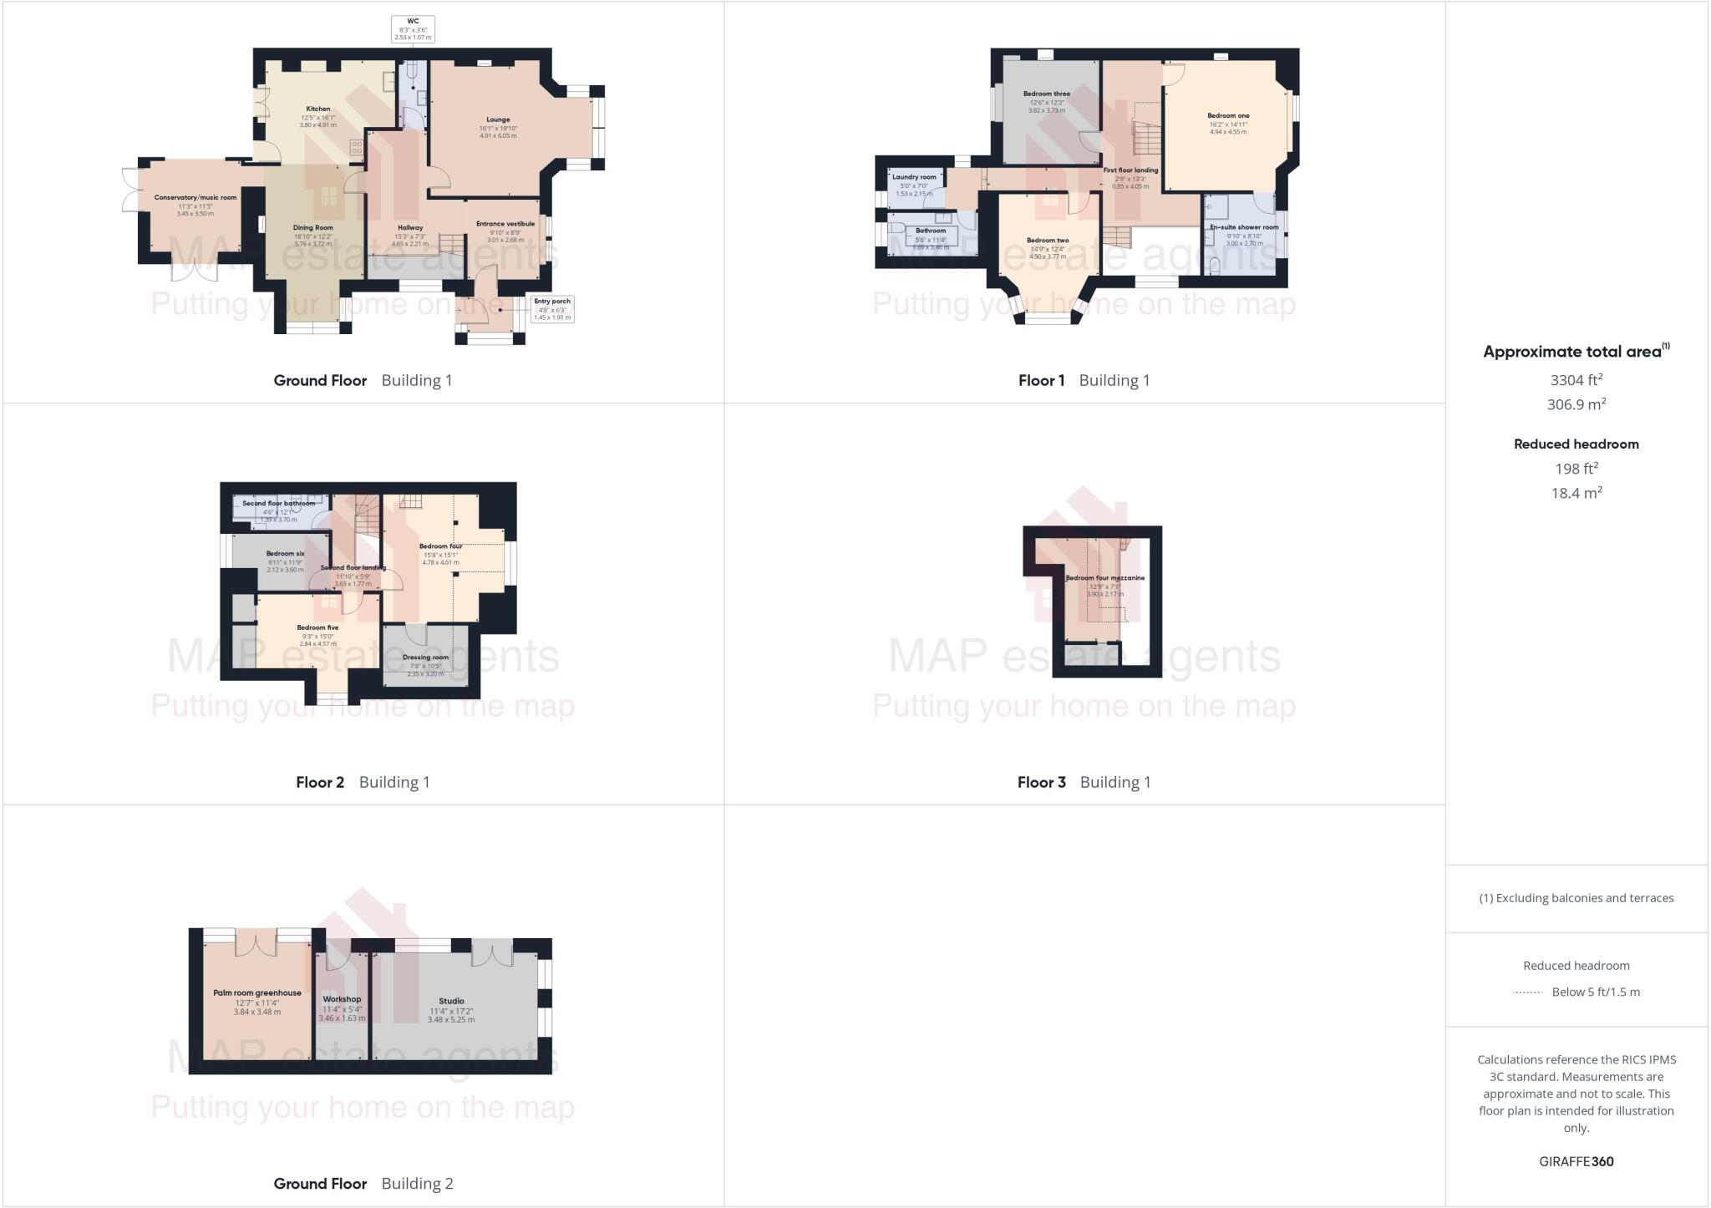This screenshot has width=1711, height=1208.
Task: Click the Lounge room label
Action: (x=498, y=119)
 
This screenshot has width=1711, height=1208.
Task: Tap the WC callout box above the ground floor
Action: (x=413, y=29)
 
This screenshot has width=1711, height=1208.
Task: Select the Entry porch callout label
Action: (x=552, y=308)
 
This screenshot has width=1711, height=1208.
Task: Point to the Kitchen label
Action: (x=317, y=109)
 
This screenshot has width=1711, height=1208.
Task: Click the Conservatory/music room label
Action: (x=195, y=198)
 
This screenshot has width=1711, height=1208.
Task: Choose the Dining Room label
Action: (x=312, y=227)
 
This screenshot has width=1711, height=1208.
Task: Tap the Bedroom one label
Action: (x=1227, y=116)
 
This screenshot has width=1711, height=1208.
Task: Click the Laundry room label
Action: (x=913, y=177)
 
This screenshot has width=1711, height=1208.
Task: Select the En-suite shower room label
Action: (x=1244, y=227)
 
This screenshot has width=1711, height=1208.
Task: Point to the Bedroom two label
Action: (x=1047, y=241)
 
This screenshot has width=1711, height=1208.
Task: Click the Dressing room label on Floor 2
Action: (x=425, y=657)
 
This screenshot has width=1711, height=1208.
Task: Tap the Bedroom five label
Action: (x=317, y=627)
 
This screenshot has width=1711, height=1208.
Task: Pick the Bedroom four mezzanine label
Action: (x=1104, y=578)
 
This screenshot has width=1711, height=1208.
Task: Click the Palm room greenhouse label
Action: (x=256, y=993)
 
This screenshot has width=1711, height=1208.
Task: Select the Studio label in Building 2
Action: (x=451, y=1001)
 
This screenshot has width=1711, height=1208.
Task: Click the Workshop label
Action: (x=342, y=999)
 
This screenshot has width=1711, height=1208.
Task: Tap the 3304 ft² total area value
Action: (x=1576, y=380)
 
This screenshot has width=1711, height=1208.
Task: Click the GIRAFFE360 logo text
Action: (x=1576, y=1161)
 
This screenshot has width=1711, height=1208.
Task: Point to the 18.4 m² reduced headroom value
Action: (x=1576, y=493)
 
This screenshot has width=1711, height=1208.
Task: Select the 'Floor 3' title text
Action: (x=1041, y=782)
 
